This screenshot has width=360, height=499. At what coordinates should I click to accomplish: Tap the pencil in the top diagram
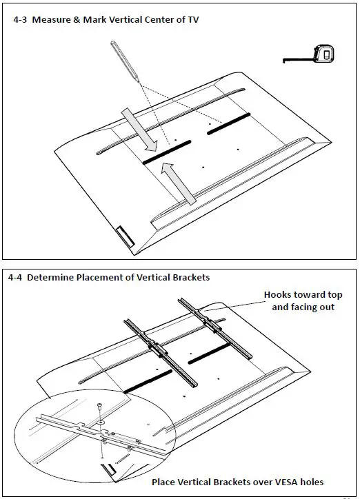(125, 61)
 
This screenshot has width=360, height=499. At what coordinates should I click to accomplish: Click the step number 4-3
(20, 20)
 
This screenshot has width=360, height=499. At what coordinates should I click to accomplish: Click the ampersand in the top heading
(77, 20)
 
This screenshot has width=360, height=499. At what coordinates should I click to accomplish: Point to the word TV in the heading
(193, 20)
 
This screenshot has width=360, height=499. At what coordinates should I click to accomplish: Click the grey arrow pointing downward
(140, 130)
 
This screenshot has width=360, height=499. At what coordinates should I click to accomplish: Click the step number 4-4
(15, 278)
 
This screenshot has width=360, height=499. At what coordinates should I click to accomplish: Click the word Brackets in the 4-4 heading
(191, 278)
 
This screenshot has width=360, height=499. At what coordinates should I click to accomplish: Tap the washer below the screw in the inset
(101, 422)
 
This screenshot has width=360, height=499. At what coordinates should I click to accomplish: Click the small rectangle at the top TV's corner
(125, 236)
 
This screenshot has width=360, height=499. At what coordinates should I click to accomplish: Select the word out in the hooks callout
(328, 307)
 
